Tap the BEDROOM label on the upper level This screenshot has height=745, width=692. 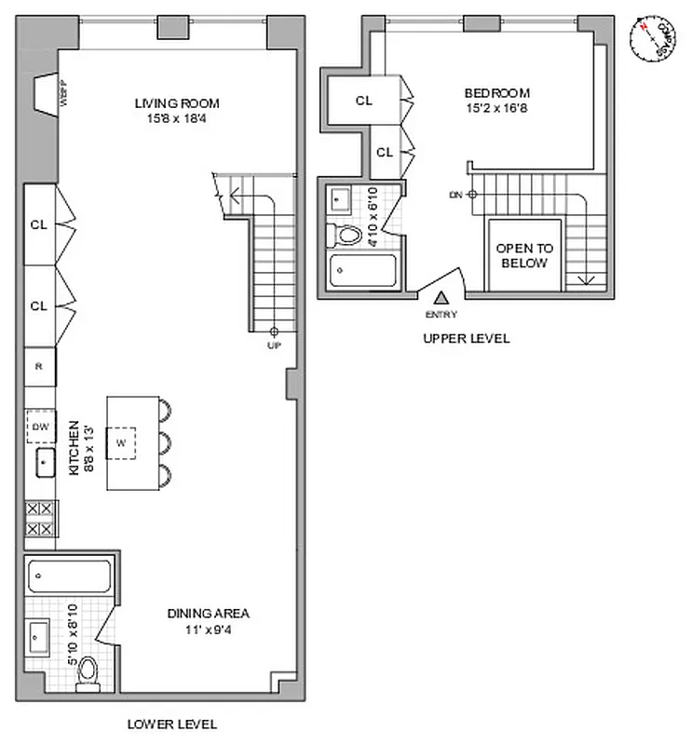pyautogui.click(x=497, y=93)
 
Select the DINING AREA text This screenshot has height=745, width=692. pyautogui.click(x=208, y=614)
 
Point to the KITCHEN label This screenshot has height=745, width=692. pyautogui.click(x=75, y=448)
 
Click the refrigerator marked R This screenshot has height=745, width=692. pyautogui.click(x=39, y=365)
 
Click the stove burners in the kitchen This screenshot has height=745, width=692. pyautogui.click(x=40, y=519)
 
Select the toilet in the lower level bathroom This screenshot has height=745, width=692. pyautogui.click(x=88, y=670)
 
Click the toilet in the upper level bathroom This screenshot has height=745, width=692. pyautogui.click(x=348, y=236)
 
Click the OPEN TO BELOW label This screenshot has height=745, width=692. pyautogui.click(x=523, y=256)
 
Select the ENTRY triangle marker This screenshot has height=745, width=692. pyautogui.click(x=441, y=297)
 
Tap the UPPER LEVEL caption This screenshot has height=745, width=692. pyautogui.click(x=466, y=339)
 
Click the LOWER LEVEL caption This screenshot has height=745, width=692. pyautogui.click(x=172, y=724)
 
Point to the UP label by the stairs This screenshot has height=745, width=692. pyautogui.click(x=274, y=345)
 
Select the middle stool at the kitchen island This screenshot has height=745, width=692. pyautogui.click(x=167, y=441)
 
